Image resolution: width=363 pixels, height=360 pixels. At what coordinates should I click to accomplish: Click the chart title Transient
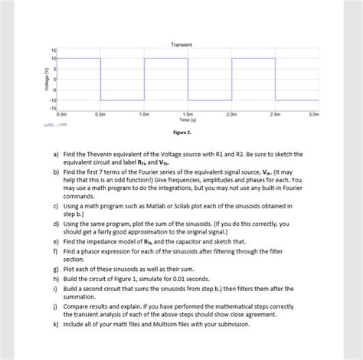coord(181,45)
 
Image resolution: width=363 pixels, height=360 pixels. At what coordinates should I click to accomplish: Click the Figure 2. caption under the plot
coord(181,133)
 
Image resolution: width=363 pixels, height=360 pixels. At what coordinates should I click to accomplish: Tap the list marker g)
coord(56,270)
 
